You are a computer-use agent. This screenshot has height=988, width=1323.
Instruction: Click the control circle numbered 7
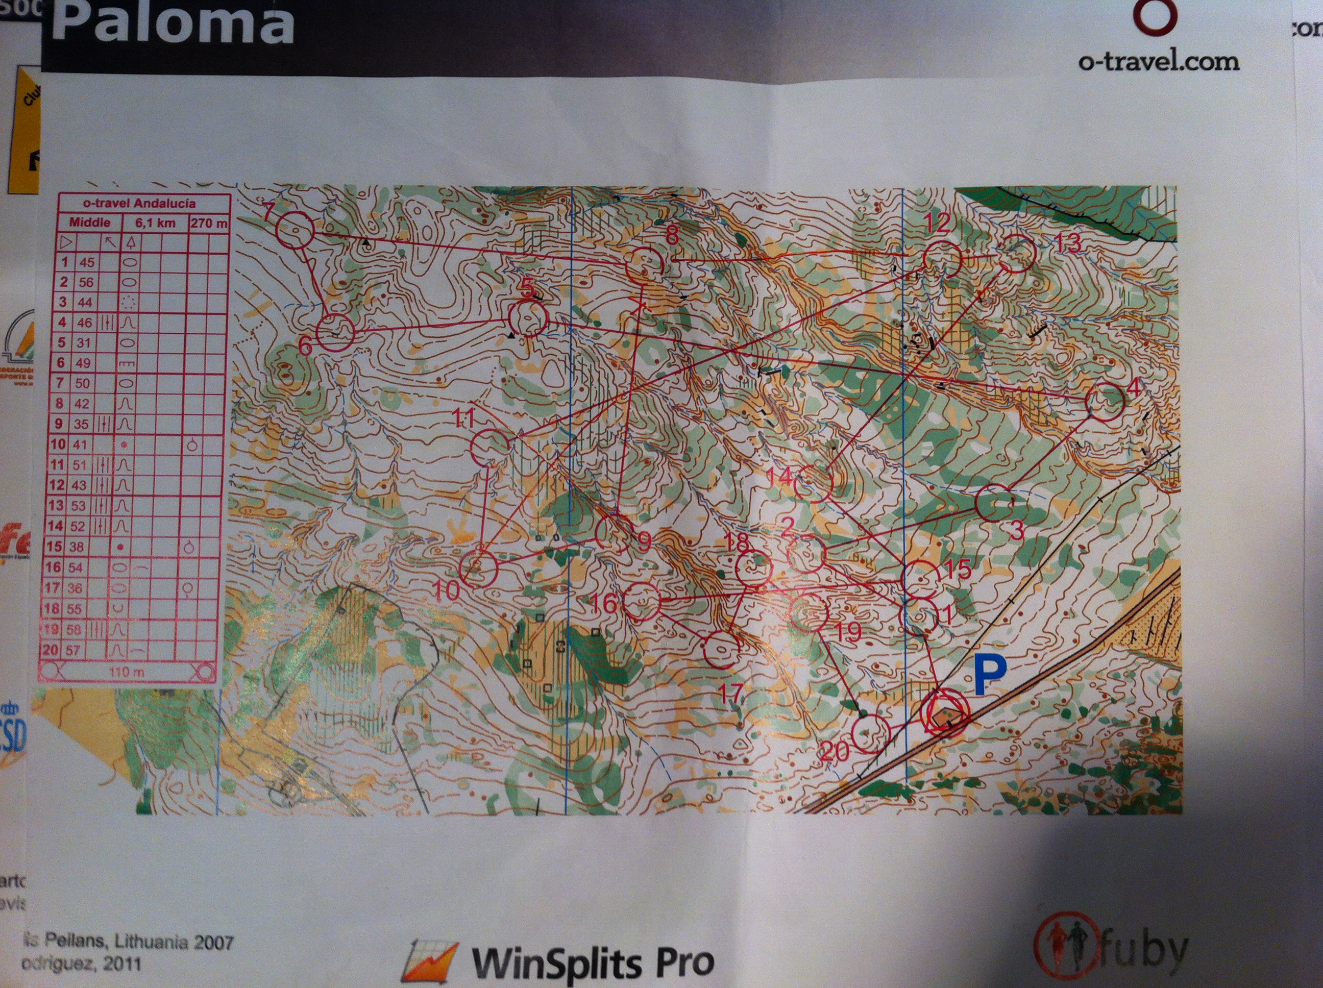295,230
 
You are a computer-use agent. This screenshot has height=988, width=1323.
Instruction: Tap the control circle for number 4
1104,403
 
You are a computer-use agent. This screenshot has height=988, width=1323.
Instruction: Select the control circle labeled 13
1016,255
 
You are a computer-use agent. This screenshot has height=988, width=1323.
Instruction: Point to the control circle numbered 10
478,568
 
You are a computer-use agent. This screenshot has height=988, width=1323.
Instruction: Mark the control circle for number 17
721,651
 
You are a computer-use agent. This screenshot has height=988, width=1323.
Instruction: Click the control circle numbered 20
870,733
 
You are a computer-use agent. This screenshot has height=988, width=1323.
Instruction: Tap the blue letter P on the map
990,675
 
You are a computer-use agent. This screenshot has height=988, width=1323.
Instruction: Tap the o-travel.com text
1159,62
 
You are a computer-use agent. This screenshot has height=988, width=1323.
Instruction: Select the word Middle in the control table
90,223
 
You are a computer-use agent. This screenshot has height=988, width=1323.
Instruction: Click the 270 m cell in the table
209,223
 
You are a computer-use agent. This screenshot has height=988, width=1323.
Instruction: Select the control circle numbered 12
942,258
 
